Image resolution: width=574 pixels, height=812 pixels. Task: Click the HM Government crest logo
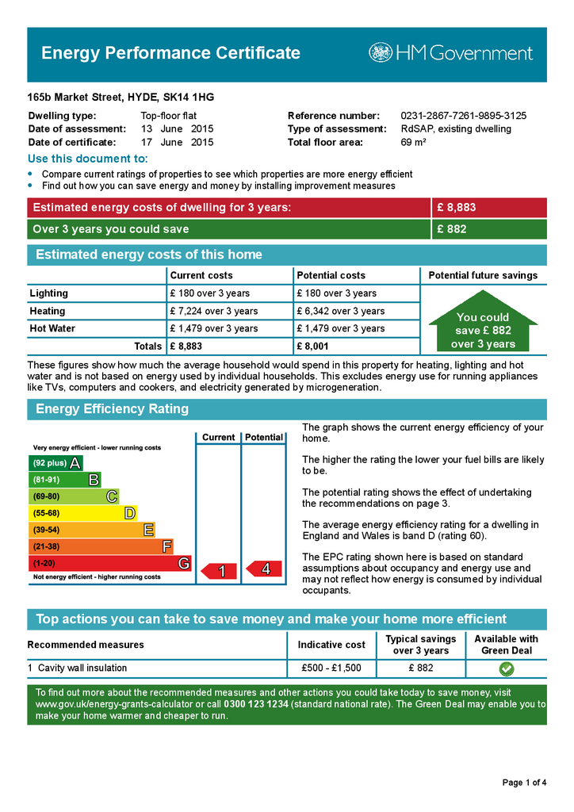[x=380, y=53]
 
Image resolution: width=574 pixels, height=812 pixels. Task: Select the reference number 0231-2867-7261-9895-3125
[x=463, y=116]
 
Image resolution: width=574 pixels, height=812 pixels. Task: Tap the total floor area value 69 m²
[x=413, y=143]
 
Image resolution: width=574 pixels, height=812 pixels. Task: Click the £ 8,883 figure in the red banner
[x=457, y=208]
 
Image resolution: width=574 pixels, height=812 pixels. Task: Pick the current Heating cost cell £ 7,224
[x=213, y=311]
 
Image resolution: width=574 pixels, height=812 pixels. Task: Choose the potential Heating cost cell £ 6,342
[x=340, y=311]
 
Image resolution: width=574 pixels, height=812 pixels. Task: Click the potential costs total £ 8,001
[x=312, y=346]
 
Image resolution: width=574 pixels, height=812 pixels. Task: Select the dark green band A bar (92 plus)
[x=55, y=463]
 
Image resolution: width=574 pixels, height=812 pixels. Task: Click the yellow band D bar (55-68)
[x=82, y=513]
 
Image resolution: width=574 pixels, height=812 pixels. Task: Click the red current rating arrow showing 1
[x=219, y=571]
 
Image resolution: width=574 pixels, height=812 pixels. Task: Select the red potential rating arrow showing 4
[x=262, y=569]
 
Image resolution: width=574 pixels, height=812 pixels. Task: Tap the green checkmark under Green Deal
[x=506, y=668]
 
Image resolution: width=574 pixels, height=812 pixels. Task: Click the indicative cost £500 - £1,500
[x=331, y=668]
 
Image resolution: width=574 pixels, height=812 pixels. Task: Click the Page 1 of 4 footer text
[x=524, y=783]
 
